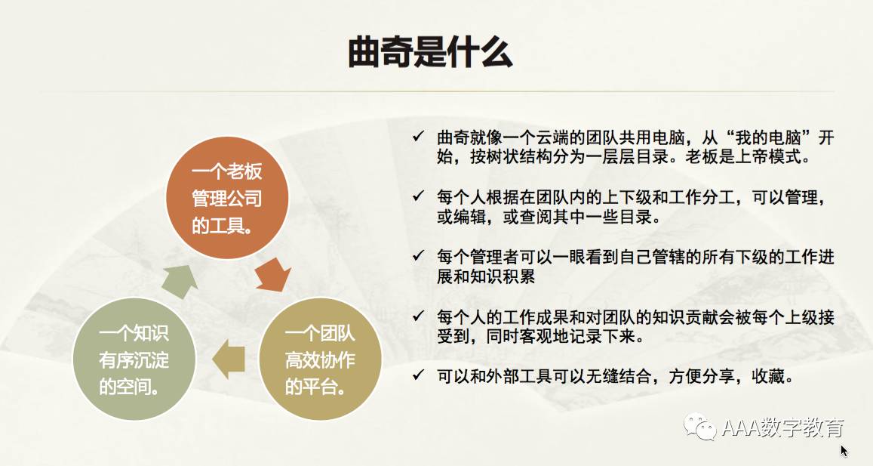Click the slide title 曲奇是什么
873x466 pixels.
pos(430,52)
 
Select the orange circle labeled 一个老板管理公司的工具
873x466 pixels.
pos(227,198)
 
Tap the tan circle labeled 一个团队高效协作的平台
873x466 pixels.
pos(320,359)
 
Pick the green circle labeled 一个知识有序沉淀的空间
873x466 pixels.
pos(134,359)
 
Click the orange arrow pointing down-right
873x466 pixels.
pos(273,275)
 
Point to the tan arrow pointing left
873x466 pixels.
pos(229,359)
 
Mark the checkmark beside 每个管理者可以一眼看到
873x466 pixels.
pos(418,255)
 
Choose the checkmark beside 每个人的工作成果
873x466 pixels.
pos(418,316)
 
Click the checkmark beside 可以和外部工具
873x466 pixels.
pos(418,375)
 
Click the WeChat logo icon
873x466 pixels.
pos(700,427)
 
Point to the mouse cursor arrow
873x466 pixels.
pos(844,450)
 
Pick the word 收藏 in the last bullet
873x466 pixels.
pos(768,377)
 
